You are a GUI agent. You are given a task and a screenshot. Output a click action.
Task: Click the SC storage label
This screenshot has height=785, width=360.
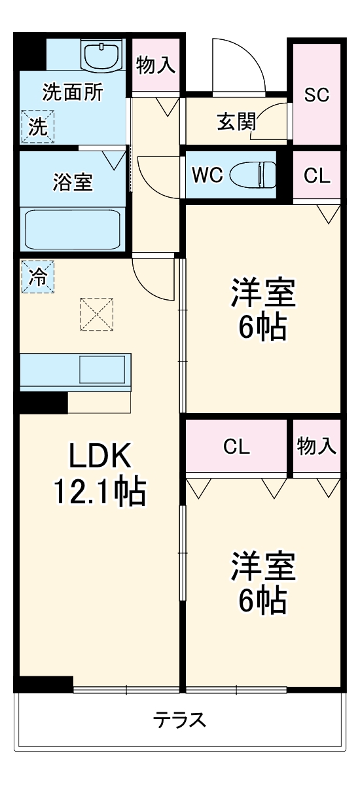(317, 94)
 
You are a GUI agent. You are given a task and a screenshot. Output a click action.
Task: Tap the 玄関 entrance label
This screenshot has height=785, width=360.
(236, 122)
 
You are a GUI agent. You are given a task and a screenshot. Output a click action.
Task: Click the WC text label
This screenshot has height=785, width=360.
(207, 175)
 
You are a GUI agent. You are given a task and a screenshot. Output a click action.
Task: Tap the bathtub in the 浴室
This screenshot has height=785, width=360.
(73, 228)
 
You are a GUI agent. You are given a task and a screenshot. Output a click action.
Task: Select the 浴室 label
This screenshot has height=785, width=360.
(73, 183)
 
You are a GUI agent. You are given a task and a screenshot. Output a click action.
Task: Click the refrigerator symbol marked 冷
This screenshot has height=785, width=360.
(37, 276)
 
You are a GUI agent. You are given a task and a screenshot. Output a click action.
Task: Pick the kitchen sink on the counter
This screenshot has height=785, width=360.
(102, 369)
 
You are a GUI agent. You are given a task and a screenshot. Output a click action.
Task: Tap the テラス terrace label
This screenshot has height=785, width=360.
(180, 720)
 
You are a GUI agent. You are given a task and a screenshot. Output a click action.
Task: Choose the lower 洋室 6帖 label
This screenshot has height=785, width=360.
(262, 583)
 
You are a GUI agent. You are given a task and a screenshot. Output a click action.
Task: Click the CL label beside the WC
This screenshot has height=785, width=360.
(317, 175)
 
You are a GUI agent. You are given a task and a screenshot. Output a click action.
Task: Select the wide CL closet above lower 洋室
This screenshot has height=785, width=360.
(236, 447)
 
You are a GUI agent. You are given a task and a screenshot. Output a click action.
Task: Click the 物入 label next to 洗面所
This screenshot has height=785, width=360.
(156, 65)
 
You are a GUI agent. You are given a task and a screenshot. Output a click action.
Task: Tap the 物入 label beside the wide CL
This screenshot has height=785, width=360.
(317, 447)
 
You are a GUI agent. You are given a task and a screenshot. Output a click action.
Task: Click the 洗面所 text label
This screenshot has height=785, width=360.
(73, 92)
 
